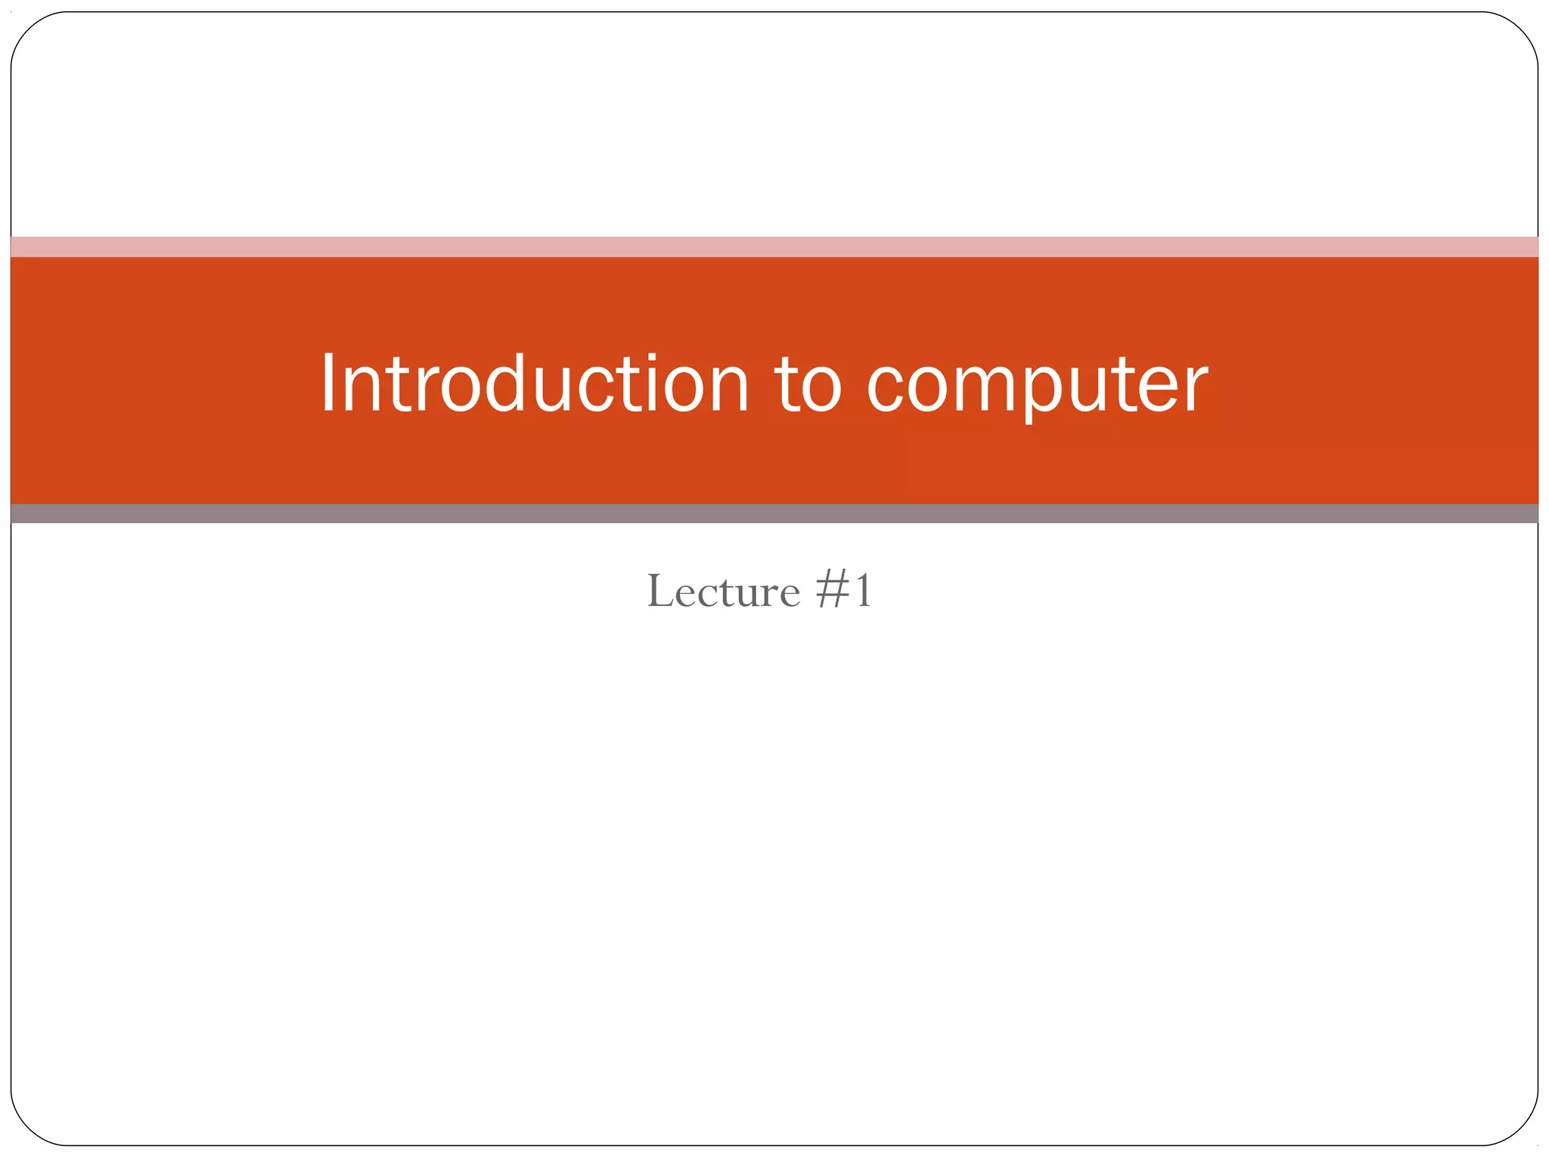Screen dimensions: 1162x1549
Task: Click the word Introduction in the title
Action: pos(534,384)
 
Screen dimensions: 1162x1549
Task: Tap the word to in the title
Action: pos(808,384)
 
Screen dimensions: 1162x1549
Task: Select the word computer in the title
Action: pos(1037,384)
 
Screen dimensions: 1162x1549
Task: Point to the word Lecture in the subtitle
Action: pos(723,591)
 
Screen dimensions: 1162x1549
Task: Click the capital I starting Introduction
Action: pos(327,384)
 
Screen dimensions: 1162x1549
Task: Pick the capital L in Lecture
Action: pos(660,591)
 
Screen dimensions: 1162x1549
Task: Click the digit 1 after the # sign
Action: pos(861,591)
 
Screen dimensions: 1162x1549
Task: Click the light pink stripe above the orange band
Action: pos(774,247)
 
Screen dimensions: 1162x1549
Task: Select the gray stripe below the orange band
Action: pos(774,514)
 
